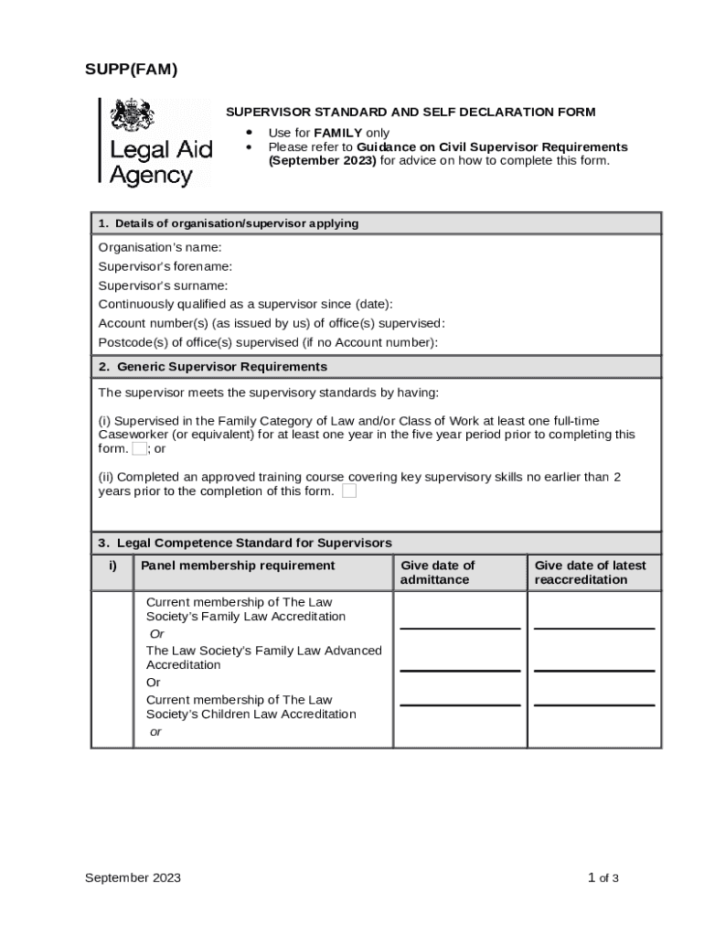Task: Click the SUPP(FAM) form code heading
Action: [x=132, y=70]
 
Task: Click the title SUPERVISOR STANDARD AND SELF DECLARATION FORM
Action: [x=411, y=113]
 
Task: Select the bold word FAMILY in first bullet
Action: [x=337, y=133]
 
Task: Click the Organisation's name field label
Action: [x=160, y=247]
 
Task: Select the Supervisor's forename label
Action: [x=165, y=266]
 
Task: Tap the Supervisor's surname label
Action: [x=163, y=285]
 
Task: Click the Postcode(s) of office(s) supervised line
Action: [x=268, y=342]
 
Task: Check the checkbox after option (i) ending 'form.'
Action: [x=139, y=449]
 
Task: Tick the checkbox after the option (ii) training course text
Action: [x=349, y=491]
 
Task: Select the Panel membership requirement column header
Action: [x=238, y=565]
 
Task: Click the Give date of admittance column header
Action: [x=437, y=572]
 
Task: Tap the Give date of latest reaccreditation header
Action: [x=590, y=572]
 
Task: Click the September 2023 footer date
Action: [x=133, y=878]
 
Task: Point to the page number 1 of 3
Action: [x=603, y=878]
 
